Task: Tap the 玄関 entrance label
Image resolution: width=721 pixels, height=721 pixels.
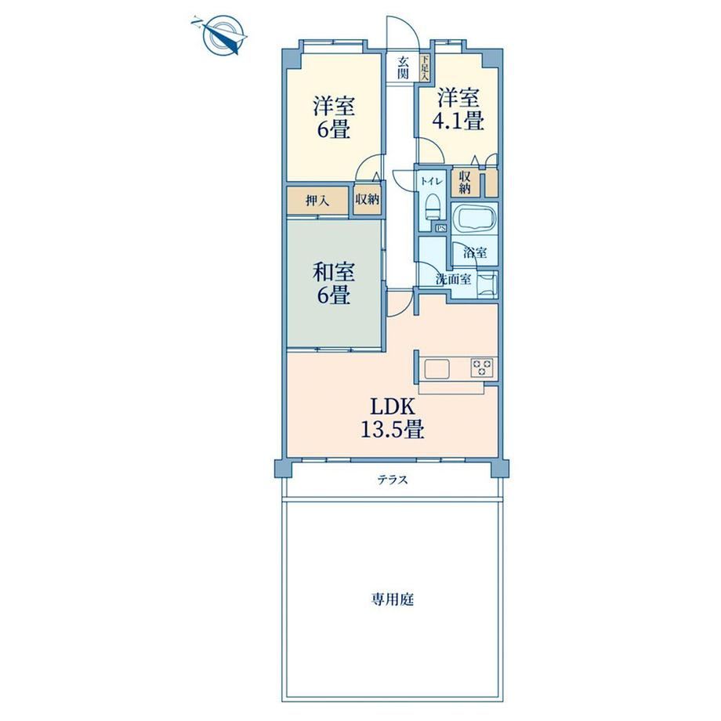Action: pos(404,67)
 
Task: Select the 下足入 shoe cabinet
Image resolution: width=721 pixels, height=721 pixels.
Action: pos(425,68)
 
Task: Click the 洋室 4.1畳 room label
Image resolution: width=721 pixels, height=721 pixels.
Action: pos(458,110)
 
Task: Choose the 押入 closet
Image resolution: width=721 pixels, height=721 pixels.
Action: pos(317,201)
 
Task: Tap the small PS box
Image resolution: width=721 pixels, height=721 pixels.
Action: pos(441,227)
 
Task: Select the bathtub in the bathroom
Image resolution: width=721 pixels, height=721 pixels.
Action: pos(473,217)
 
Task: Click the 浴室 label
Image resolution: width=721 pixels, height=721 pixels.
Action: pos(475,252)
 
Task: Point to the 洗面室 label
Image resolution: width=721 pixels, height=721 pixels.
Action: pos(453,279)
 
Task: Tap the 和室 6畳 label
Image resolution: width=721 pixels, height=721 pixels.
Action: pos(334,283)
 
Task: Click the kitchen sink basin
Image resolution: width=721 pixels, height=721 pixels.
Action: pos(437,368)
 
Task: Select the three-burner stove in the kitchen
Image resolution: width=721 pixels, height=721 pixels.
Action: pos(482,368)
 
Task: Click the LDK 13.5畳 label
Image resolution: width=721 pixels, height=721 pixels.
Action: pos(392,418)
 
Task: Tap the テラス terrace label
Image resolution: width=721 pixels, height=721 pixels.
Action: pos(393,480)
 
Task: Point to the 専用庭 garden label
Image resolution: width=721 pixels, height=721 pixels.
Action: pos(392,600)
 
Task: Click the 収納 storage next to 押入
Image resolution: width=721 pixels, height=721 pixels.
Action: pos(367,199)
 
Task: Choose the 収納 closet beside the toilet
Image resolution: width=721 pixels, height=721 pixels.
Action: pos(465,183)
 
